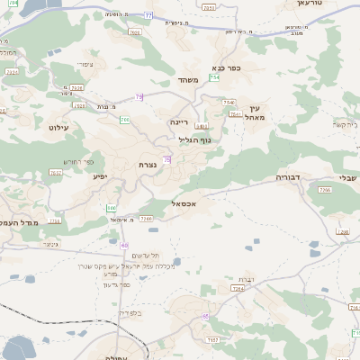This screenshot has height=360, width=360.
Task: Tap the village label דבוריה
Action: tap(288, 177)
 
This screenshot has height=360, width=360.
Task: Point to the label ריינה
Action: tap(178, 120)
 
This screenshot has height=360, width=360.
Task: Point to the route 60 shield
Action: tap(124, 246)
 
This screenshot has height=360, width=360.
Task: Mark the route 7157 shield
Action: tap(212, 339)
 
